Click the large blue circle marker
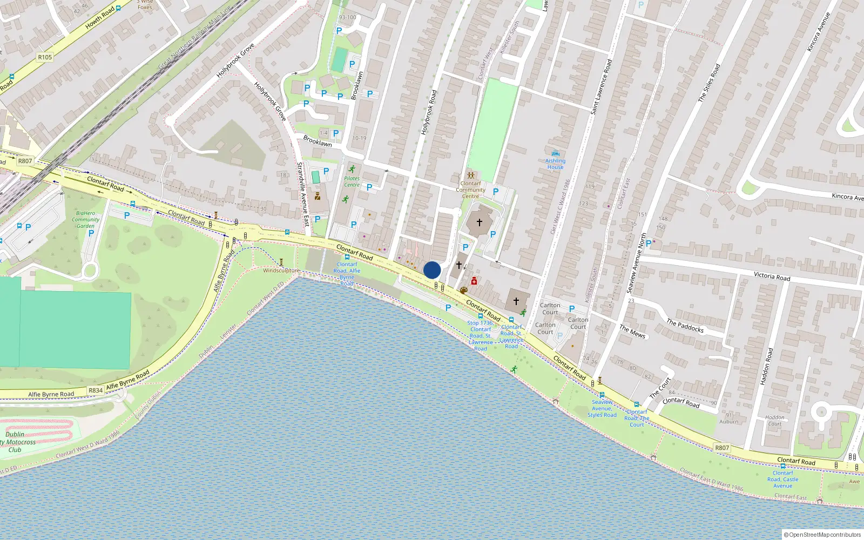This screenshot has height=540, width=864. tap(432, 270)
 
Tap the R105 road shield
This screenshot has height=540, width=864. tap(45, 57)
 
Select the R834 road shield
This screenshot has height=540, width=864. tap(96, 390)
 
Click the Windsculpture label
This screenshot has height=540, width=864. tap(281, 271)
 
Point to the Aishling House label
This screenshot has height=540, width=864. tap(555, 164)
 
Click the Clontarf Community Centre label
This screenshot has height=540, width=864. tap(470, 190)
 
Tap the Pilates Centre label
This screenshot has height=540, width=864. tap(352, 181)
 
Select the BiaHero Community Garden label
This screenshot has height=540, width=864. tap(85, 219)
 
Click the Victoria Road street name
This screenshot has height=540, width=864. tap(772, 276)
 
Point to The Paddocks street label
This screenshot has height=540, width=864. tap(685, 325)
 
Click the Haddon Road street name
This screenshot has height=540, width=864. tap(766, 366)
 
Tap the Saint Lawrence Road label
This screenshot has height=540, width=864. tap(601, 86)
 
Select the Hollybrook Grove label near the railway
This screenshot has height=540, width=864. tap(235, 60)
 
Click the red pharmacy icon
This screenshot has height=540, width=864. tap(474, 281)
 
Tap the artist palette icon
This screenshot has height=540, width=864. tap(463, 291)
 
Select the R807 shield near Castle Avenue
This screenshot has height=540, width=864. tap(722, 448)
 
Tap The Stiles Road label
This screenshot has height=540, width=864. tap(709, 83)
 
